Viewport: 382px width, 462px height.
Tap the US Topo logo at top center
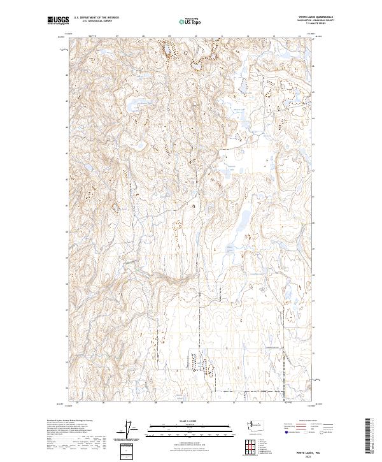coord(191,21)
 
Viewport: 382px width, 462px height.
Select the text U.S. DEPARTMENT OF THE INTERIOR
coord(96,18)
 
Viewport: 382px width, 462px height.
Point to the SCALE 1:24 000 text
coord(191,420)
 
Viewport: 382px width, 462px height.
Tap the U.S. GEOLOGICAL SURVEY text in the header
coord(96,21)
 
